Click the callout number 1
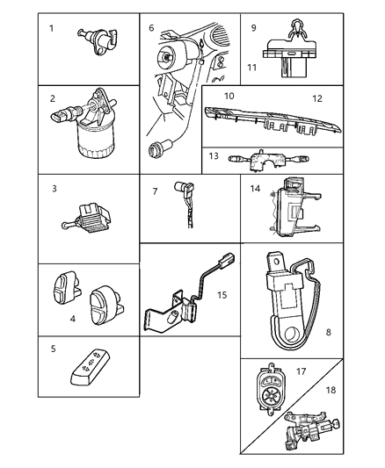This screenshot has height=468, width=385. click(52, 28)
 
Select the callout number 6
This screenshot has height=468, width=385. click(151, 28)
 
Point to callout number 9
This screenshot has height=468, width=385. click(253, 27)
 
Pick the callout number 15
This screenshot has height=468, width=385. click(222, 294)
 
